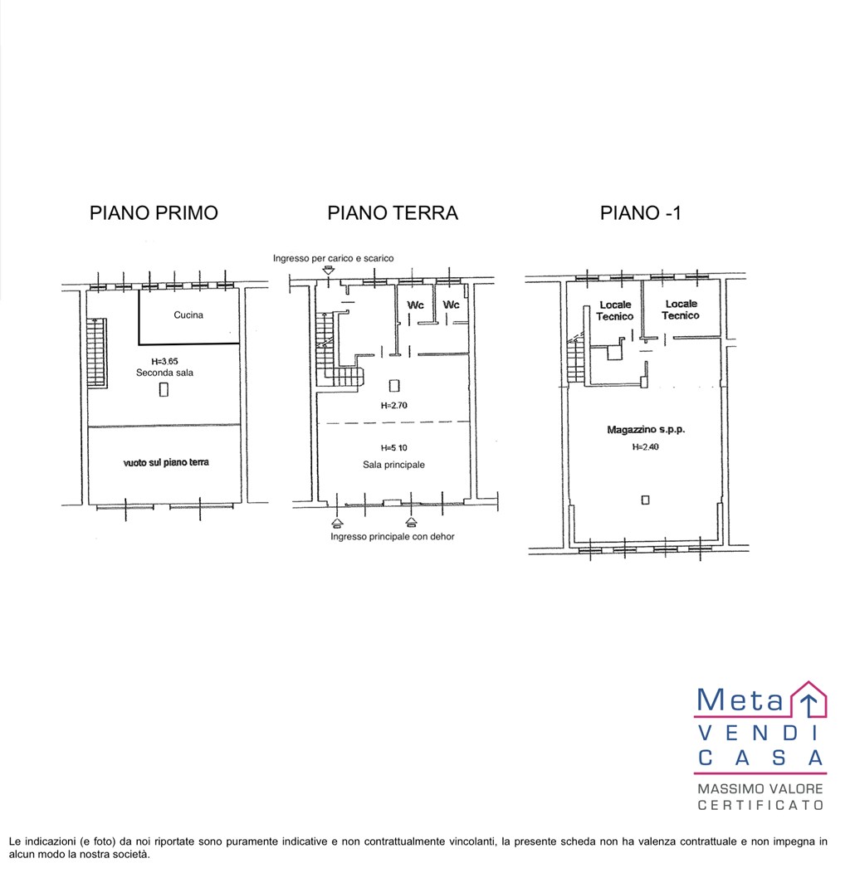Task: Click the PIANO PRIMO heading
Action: click(154, 213)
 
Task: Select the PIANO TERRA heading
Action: click(393, 213)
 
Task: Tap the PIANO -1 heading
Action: click(641, 213)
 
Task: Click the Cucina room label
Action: click(188, 315)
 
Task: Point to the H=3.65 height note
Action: click(164, 362)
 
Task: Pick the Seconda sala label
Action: click(164, 373)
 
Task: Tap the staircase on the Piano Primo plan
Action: click(97, 352)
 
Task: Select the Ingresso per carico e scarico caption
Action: click(334, 258)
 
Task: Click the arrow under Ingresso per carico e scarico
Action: click(330, 270)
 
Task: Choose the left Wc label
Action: click(415, 305)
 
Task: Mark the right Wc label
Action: click(451, 305)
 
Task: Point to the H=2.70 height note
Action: click(393, 406)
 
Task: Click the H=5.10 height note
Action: click(393, 448)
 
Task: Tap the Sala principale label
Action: click(393, 465)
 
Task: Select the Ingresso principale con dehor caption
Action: click(393, 537)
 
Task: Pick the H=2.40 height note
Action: click(645, 446)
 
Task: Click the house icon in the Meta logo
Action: click(808, 699)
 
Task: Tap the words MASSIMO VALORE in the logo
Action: click(760, 788)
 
